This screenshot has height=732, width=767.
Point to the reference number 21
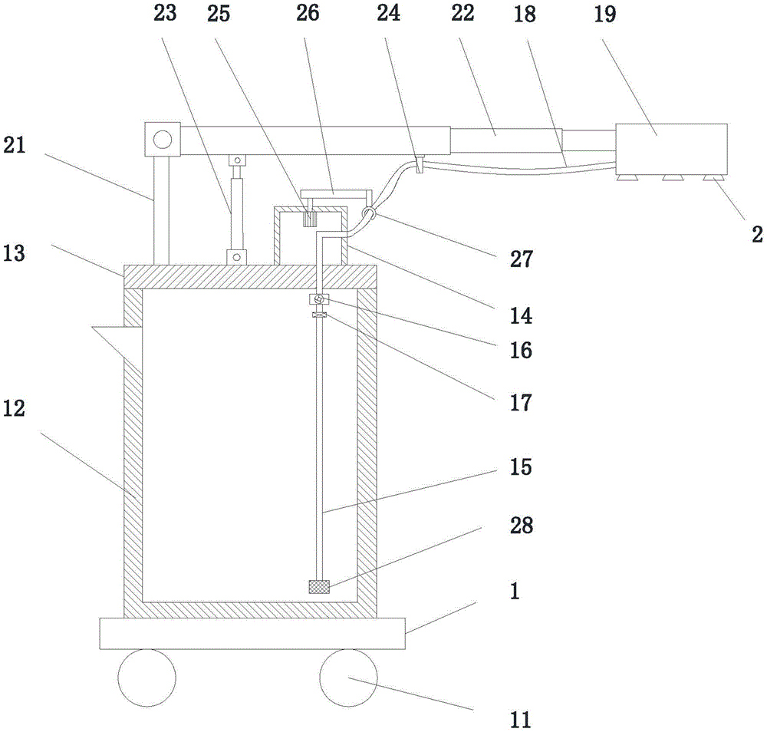(x=14, y=145)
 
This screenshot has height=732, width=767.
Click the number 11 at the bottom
(x=520, y=719)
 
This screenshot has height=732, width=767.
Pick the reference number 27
(x=520, y=260)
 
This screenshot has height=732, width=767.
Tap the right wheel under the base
(x=348, y=678)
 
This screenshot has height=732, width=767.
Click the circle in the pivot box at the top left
(x=162, y=140)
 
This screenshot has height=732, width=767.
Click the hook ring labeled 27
(x=369, y=216)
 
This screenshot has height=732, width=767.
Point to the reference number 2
(x=756, y=234)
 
